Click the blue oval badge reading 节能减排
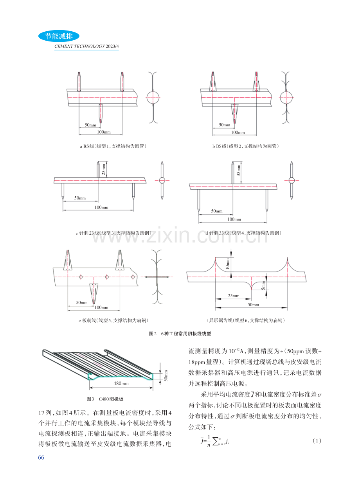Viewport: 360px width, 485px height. coord(59,36)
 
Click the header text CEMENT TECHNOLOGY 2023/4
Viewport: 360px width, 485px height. coord(86,47)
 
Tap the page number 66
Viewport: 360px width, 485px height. coord(41,457)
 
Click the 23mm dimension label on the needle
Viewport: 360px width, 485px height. coord(104,169)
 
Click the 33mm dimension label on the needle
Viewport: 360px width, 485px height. coord(239,171)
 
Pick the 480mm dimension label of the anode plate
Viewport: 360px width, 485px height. coord(121,383)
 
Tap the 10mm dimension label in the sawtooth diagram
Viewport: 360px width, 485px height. coord(228,264)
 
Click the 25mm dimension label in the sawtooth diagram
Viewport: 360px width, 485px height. coord(234,296)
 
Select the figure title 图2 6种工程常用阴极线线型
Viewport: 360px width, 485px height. coord(180,334)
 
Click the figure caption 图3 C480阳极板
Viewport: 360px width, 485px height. coord(105,399)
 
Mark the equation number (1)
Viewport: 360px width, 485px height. coord(317,441)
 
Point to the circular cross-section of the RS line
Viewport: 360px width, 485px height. coord(153,97)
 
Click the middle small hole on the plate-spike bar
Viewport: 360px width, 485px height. coord(107,277)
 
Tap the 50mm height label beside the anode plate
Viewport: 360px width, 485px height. coord(166,375)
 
